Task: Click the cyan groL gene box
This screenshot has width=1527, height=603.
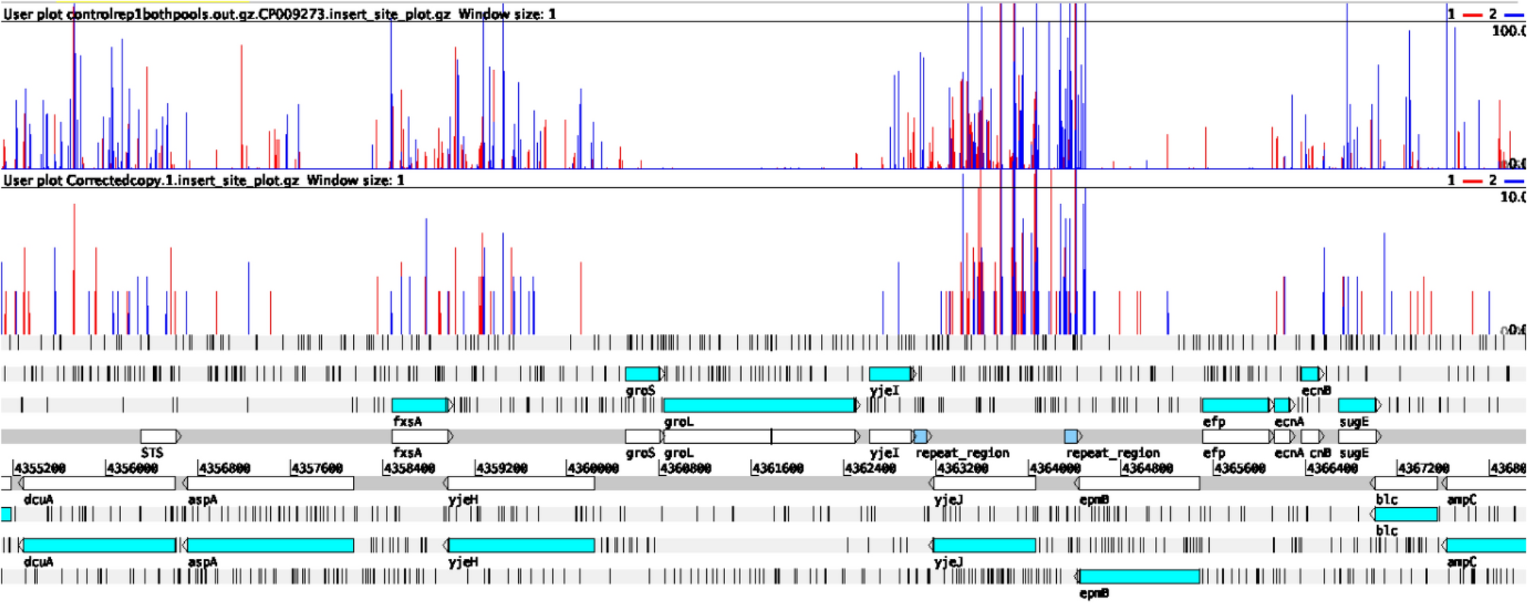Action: (759, 405)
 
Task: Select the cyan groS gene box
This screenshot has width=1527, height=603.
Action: (643, 374)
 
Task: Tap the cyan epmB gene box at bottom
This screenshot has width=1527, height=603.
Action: (1139, 576)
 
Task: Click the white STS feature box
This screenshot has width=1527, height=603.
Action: (159, 436)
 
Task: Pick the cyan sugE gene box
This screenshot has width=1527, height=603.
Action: (1357, 405)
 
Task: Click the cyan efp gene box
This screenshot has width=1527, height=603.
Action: (1235, 405)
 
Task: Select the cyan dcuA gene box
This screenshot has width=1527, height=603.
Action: (99, 545)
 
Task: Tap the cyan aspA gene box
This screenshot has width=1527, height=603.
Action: (270, 545)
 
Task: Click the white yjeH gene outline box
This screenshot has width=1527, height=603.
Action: (521, 483)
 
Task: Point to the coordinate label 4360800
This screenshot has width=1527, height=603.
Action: (685, 468)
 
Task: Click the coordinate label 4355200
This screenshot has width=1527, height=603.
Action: (40, 468)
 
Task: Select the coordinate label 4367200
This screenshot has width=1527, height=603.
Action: (1422, 468)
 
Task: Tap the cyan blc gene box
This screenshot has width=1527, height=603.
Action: (1406, 514)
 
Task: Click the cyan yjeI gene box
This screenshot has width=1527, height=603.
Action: (889, 374)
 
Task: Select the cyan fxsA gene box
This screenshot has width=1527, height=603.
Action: (419, 405)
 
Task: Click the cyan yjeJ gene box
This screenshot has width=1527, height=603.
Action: (984, 545)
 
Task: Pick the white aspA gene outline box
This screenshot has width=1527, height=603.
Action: (270, 483)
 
